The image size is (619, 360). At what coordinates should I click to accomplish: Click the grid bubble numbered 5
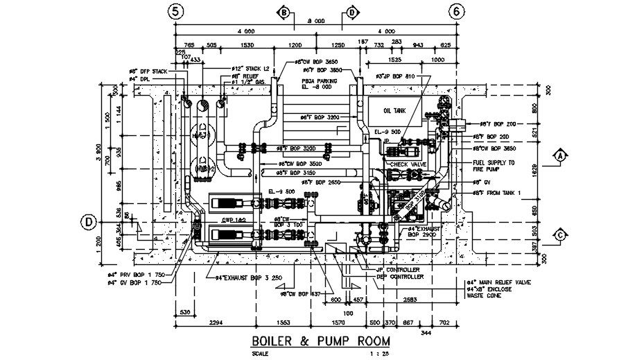tap(177, 12)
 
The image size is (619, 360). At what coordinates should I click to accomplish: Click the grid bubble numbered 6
tap(456, 12)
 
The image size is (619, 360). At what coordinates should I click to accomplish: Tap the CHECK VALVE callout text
tap(408, 164)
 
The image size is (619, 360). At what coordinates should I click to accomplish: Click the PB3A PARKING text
tap(318, 81)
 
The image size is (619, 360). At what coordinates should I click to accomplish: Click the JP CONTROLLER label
tap(397, 269)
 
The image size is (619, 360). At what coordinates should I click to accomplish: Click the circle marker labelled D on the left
tap(88, 222)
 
